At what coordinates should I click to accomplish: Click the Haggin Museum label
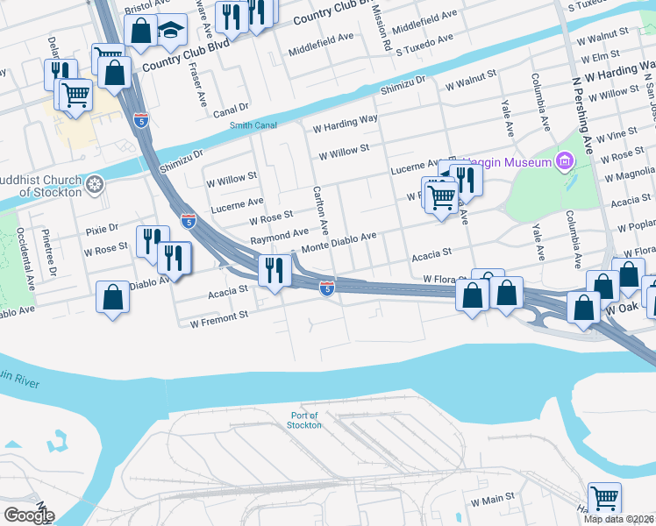pyautogui.click(x=508, y=161)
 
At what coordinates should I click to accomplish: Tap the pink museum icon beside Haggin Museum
pyautogui.click(x=564, y=161)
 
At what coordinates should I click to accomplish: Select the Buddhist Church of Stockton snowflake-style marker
pyautogui.click(x=95, y=184)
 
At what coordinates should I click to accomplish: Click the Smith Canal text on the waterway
pyautogui.click(x=253, y=125)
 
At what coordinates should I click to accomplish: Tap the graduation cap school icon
pyautogui.click(x=170, y=32)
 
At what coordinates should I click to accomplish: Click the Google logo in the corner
pyautogui.click(x=28, y=515)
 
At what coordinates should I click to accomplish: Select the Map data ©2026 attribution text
pyautogui.click(x=619, y=519)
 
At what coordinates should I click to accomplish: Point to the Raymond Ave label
pyautogui.click(x=279, y=236)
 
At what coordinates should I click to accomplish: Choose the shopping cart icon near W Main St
pyautogui.click(x=604, y=498)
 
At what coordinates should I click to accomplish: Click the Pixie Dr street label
pyautogui.click(x=102, y=229)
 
